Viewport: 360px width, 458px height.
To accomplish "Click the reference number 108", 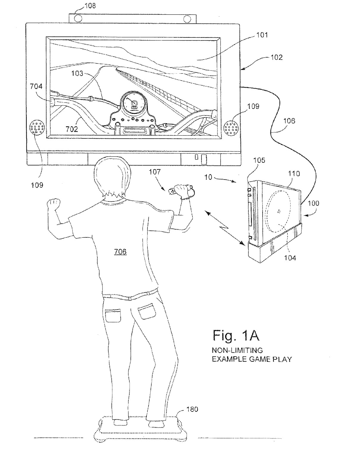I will pos(90,6).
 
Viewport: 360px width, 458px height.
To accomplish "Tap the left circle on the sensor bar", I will pos(78,18).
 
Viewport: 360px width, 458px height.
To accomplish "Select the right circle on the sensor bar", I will pos(187,19).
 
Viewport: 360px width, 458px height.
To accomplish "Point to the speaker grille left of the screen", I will pos(37,128).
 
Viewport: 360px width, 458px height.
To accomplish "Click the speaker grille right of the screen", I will pos(231,128).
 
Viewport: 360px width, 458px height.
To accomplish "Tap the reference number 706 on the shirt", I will pos(120,252).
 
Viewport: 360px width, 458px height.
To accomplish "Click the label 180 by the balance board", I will pos(192,409).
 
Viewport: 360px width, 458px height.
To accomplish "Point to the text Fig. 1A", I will pos(236,336).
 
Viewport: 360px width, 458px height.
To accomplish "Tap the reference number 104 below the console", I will pos(290,258).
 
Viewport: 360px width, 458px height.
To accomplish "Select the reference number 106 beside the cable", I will pos(289,121).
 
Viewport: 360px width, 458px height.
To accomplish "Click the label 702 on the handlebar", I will pos(72,129).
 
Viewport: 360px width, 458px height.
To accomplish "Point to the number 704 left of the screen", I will pos(36,86).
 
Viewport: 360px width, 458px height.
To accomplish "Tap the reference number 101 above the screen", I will pos(262,35).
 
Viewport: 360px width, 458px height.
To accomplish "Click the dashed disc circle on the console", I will pos(279,212).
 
